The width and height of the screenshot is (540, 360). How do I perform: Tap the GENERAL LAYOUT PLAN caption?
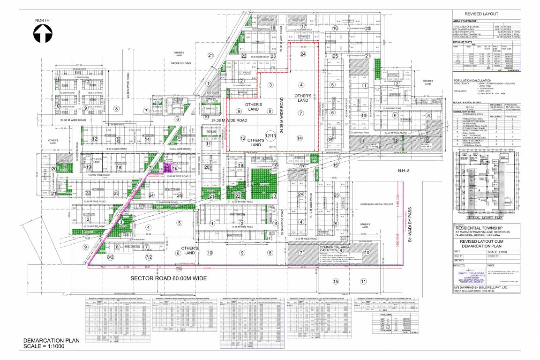click(x=485, y=218)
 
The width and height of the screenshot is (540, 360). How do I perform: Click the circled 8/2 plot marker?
click(x=111, y=257)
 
